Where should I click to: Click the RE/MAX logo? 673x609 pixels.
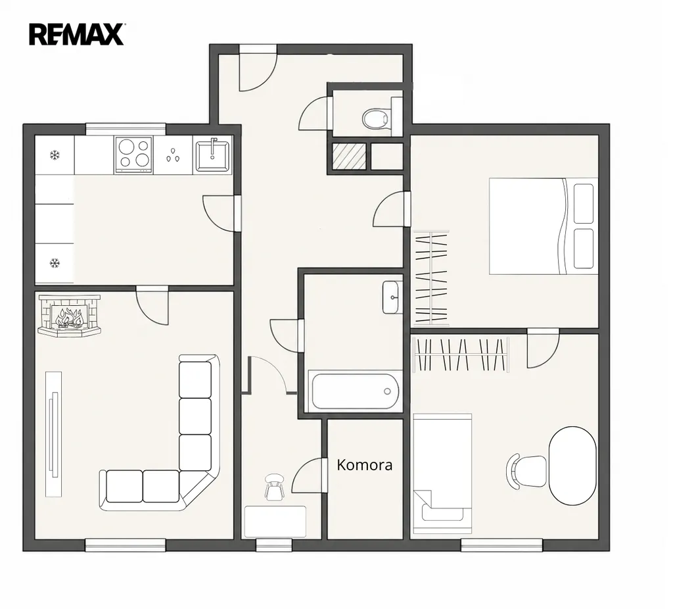click(76, 34)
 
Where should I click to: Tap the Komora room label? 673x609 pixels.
click(364, 465)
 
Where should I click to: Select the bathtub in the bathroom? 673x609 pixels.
click(355, 391)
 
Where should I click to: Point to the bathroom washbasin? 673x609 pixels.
click(393, 297)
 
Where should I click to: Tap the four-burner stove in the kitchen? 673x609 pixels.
click(133, 155)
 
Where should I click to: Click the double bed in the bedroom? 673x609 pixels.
click(544, 226)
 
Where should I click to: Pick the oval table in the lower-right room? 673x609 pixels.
click(573, 466)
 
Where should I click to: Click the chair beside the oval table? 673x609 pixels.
click(526, 471)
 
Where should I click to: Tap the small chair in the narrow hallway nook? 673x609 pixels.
click(275, 487)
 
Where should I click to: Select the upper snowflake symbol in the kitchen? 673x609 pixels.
click(55, 155)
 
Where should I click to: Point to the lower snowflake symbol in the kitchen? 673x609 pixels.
click(55, 263)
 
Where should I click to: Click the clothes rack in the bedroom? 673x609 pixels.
click(430, 278)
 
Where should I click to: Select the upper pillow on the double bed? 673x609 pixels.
click(584, 204)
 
